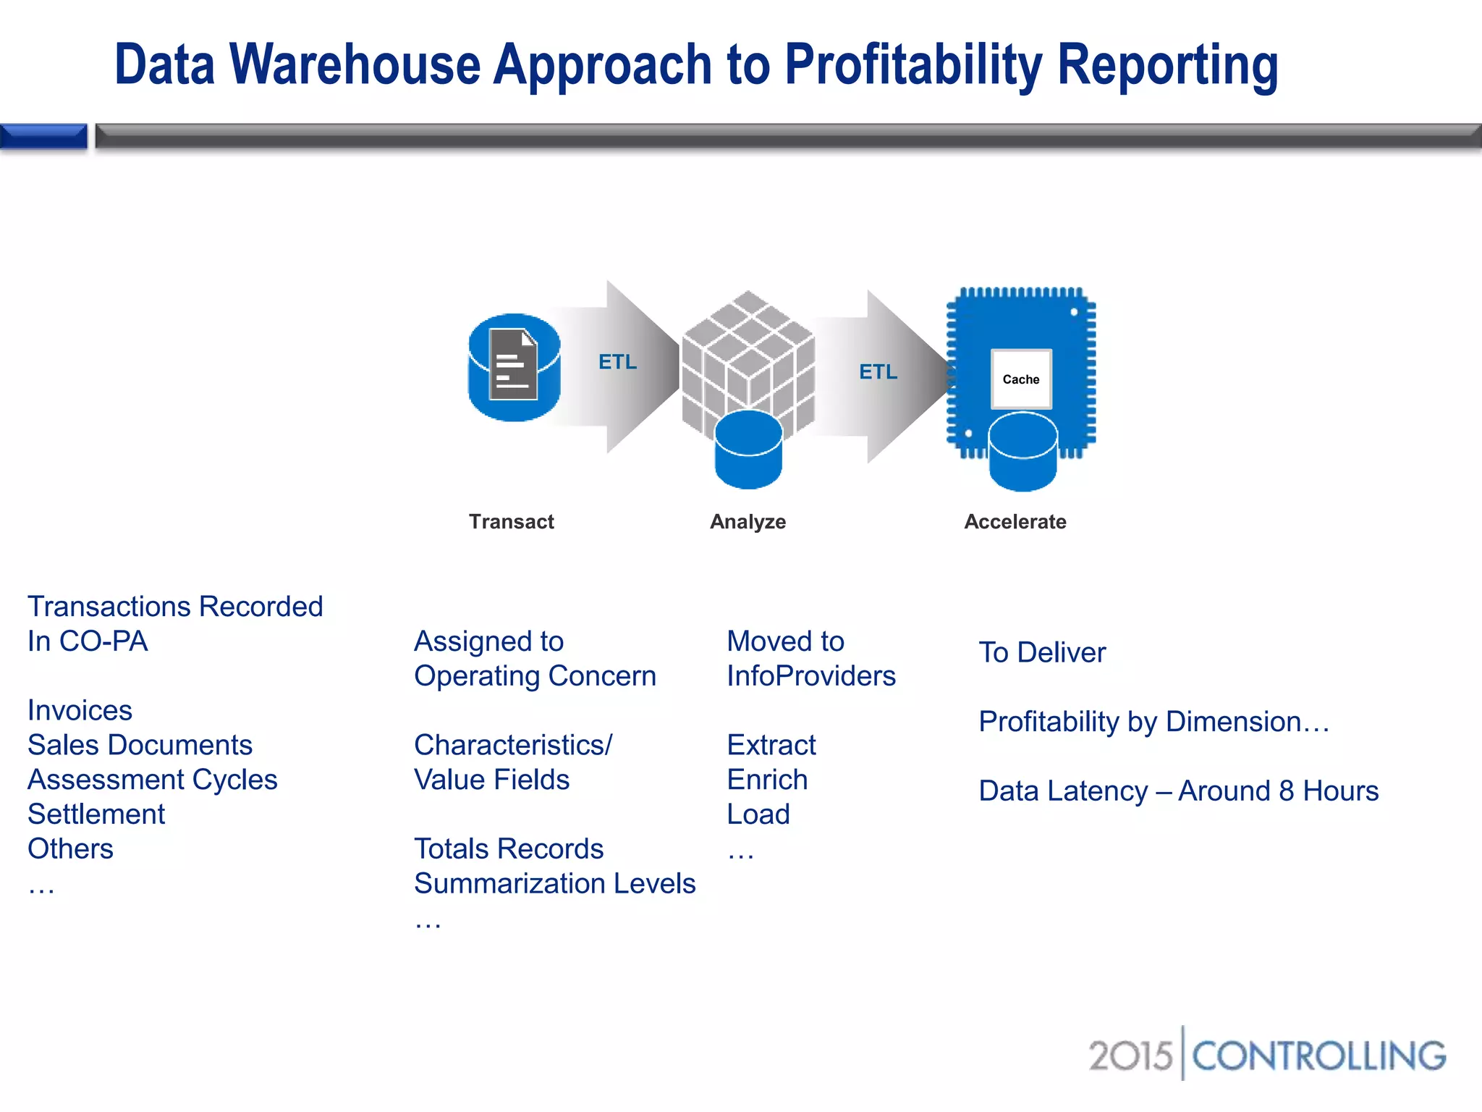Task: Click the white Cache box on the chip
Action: tap(1020, 379)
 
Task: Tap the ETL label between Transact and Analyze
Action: tap(617, 362)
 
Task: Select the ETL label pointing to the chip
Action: tap(878, 372)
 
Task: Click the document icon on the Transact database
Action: tap(513, 364)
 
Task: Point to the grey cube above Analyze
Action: tap(748, 355)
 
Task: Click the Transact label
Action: tap(511, 521)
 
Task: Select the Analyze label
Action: tap(748, 521)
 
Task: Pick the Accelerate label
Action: tap(1015, 521)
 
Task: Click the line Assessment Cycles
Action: tap(153, 780)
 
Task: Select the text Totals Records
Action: tap(509, 848)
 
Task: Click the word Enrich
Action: tap(767, 780)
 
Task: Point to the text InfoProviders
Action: tap(811, 676)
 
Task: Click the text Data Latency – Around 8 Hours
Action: tap(1178, 791)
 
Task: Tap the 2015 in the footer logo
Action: tap(1130, 1056)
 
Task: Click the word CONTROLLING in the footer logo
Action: tap(1318, 1056)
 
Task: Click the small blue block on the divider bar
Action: tap(43, 136)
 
